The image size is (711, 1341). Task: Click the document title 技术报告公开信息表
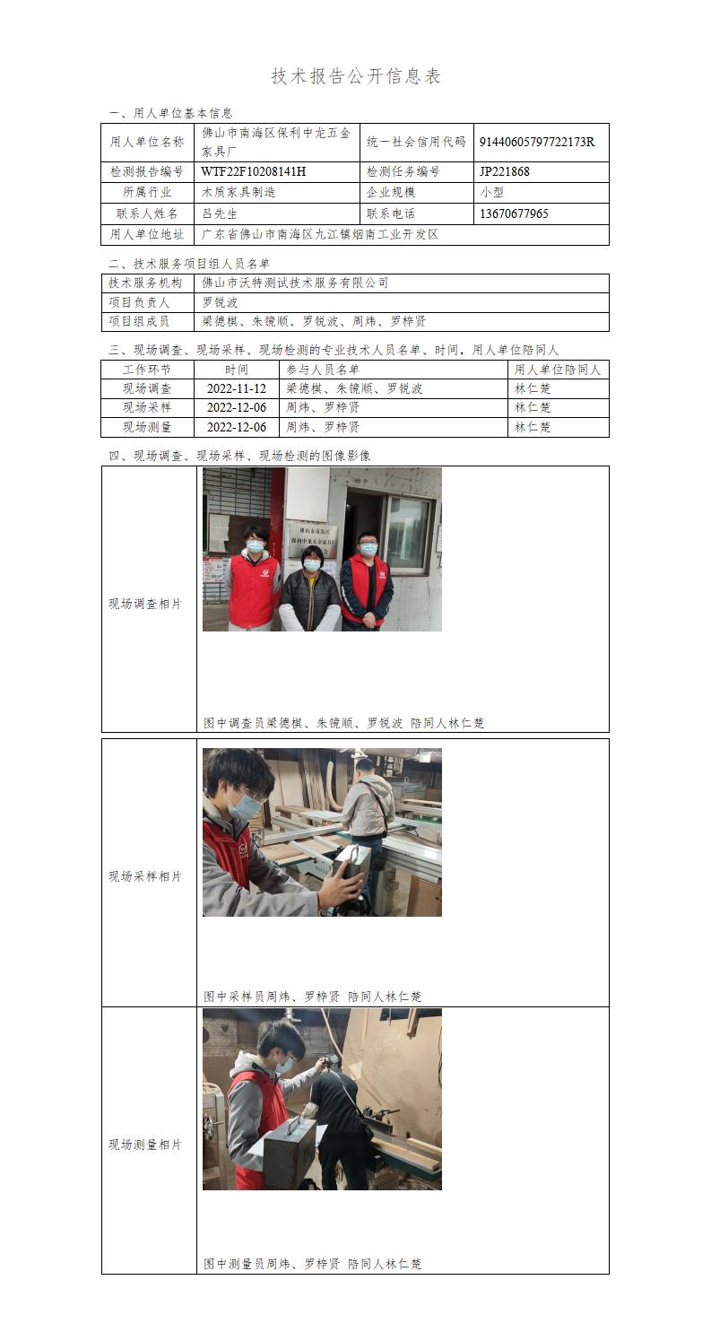pyautogui.click(x=356, y=76)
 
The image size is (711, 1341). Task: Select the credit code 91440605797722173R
pyautogui.click(x=537, y=142)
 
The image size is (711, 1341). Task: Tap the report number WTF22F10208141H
pyautogui.click(x=254, y=172)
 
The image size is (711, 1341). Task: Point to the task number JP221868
pyautogui.click(x=505, y=172)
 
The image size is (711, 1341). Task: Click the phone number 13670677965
pyautogui.click(x=514, y=213)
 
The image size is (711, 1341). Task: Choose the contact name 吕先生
pyautogui.click(x=220, y=213)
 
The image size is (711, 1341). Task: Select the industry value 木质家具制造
pyautogui.click(x=238, y=192)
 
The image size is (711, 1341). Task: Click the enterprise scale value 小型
pyautogui.click(x=492, y=192)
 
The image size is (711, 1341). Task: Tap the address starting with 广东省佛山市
pyautogui.click(x=320, y=235)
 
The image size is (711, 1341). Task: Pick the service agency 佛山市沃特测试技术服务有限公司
pyautogui.click(x=295, y=283)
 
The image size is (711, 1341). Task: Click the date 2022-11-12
pyautogui.click(x=237, y=388)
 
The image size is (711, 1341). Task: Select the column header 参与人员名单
pyautogui.click(x=323, y=370)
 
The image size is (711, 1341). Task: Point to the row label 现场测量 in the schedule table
pyautogui.click(x=147, y=427)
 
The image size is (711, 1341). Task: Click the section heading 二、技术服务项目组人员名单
pyautogui.click(x=189, y=264)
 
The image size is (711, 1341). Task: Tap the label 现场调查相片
pyautogui.click(x=145, y=604)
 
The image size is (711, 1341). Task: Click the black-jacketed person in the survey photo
pyautogui.click(x=310, y=589)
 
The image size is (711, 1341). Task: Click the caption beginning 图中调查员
pyautogui.click(x=343, y=723)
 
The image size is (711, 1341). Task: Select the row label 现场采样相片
pyautogui.click(x=145, y=876)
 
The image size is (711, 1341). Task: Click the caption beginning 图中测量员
pyautogui.click(x=312, y=1264)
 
